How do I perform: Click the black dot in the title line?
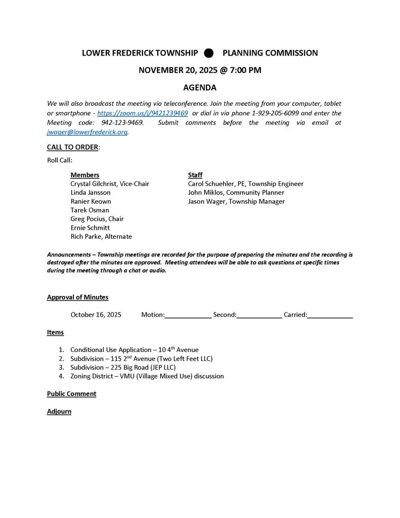(209, 53)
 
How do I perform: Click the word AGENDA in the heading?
(200, 88)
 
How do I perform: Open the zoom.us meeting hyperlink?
(143, 113)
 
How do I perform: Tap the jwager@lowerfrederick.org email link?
(87, 132)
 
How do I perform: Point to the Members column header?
(85, 175)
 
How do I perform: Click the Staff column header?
(195, 175)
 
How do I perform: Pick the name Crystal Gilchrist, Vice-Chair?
(110, 184)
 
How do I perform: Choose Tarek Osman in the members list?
(90, 210)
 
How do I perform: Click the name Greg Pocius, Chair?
(97, 219)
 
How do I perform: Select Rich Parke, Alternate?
(101, 236)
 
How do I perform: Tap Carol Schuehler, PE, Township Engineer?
(246, 184)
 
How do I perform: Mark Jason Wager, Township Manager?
(236, 201)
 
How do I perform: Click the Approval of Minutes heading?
(77, 297)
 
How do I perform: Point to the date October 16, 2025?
(96, 315)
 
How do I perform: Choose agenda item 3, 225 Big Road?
(123, 367)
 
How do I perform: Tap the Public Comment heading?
(71, 394)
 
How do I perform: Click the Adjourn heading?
(59, 411)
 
